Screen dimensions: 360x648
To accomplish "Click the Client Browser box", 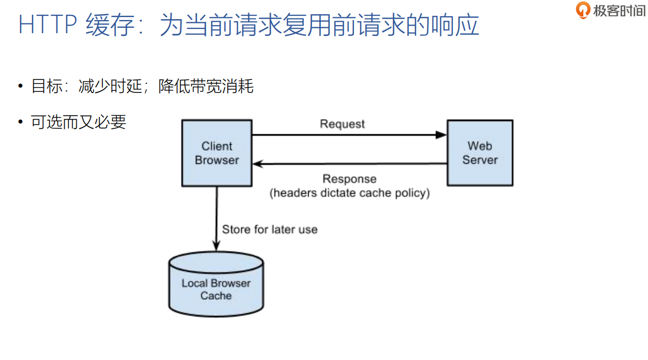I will click(217, 153).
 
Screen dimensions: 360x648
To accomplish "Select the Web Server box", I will click(479, 153).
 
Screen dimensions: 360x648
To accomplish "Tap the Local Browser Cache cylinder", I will click(216, 285).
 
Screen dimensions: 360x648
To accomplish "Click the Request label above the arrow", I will click(342, 124).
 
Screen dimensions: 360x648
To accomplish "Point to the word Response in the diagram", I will click(349, 179).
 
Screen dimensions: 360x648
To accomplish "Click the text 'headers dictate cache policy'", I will click(350, 193).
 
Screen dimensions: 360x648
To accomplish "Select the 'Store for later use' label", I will click(270, 229).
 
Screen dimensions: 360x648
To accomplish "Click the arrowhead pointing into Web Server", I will click(441, 135).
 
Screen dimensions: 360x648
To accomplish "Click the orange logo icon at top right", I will click(583, 10).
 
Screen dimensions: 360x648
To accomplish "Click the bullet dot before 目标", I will click(21, 86).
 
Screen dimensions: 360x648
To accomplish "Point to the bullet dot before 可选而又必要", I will click(21, 122).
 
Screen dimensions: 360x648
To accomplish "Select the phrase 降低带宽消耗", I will click(206, 86).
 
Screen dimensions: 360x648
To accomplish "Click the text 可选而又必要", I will click(79, 122).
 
